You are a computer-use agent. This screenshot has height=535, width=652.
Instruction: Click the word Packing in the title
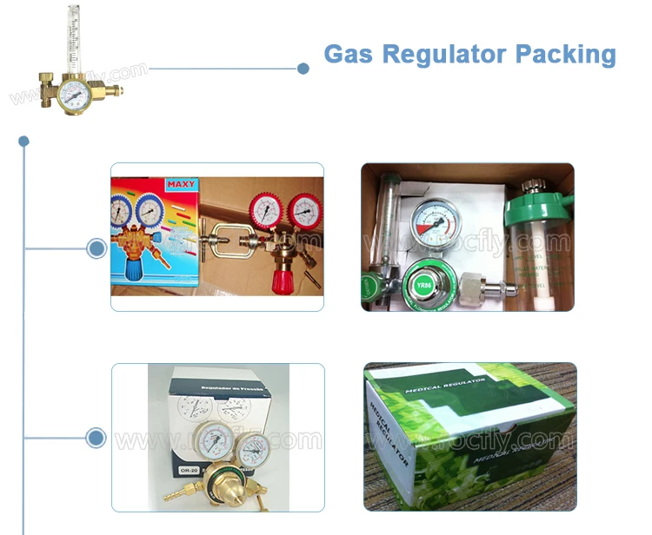[x=566, y=54]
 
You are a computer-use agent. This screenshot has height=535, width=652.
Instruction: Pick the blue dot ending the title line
[x=303, y=69]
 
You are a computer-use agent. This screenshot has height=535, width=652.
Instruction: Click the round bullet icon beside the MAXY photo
[x=96, y=249]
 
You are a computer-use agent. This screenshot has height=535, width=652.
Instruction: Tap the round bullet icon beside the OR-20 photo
[x=96, y=437]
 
